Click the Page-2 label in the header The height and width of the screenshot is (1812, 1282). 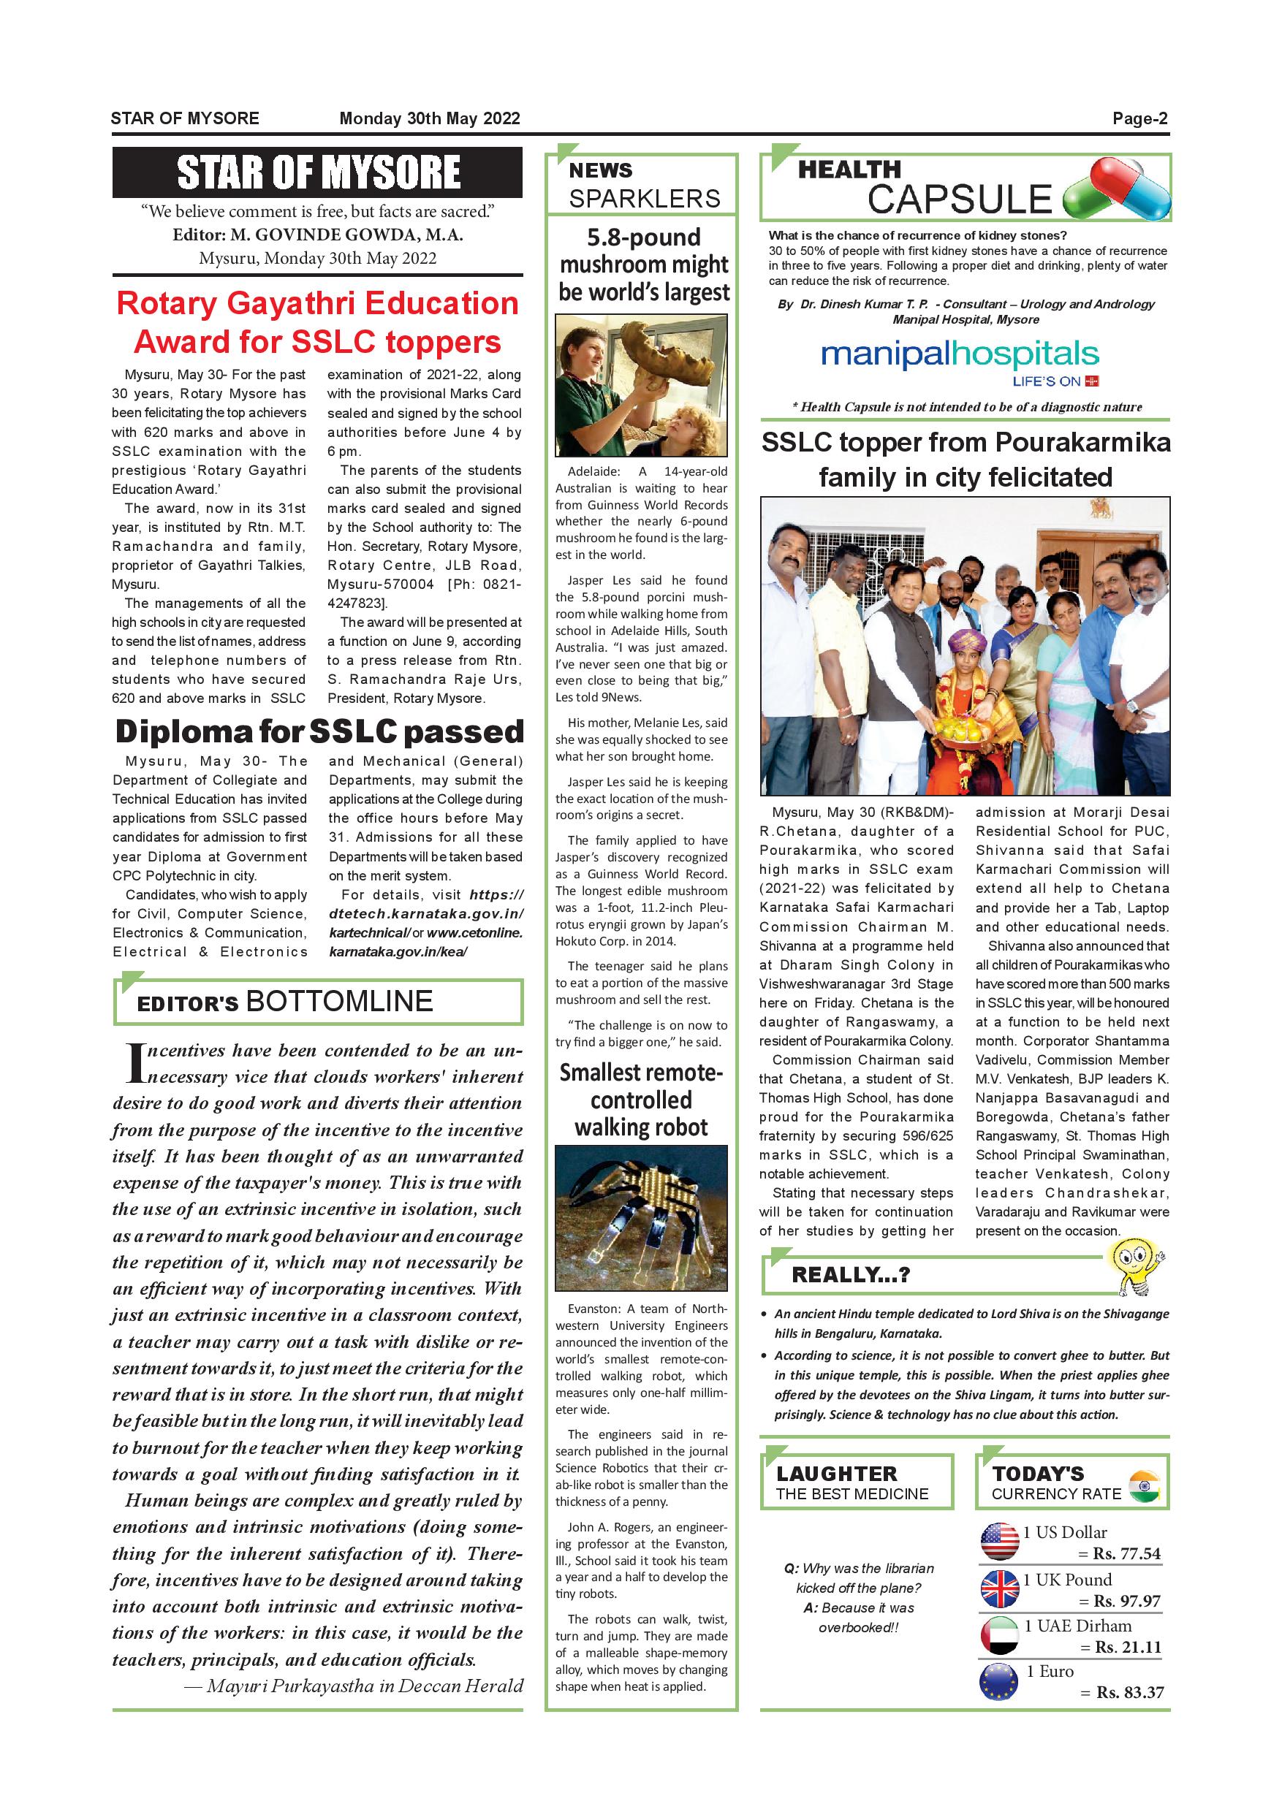click(1139, 119)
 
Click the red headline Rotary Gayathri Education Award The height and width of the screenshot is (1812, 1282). click(317, 323)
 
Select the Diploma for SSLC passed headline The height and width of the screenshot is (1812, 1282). click(319, 731)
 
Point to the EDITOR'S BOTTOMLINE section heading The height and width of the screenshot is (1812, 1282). click(285, 1002)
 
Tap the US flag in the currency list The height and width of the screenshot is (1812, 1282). click(999, 1542)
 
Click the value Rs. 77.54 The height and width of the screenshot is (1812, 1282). click(1126, 1554)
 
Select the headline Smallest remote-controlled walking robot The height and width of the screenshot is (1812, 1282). click(641, 1100)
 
